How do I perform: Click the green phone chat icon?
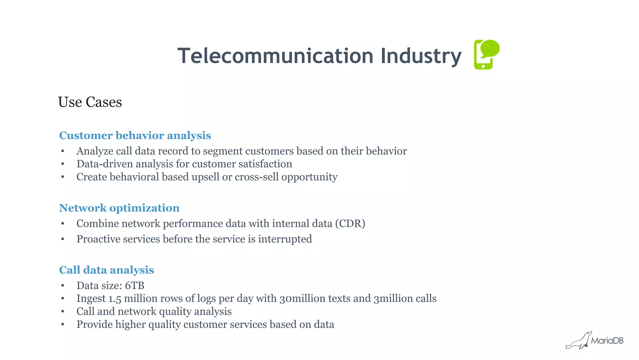click(486, 55)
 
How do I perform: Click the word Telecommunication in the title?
click(275, 56)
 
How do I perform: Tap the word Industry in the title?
click(421, 57)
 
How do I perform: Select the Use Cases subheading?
click(90, 102)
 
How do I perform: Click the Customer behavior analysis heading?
click(135, 136)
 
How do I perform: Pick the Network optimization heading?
click(119, 208)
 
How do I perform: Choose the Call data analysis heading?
click(106, 270)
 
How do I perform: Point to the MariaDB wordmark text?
click(607, 341)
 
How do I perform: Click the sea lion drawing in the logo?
click(579, 341)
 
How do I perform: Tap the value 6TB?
click(134, 286)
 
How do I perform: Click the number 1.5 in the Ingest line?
click(115, 299)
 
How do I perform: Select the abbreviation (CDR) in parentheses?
click(350, 224)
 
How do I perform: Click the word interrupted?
click(285, 239)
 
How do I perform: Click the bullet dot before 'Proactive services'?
click(63, 239)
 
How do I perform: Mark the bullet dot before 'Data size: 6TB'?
click(63, 286)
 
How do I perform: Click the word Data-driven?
click(105, 164)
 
